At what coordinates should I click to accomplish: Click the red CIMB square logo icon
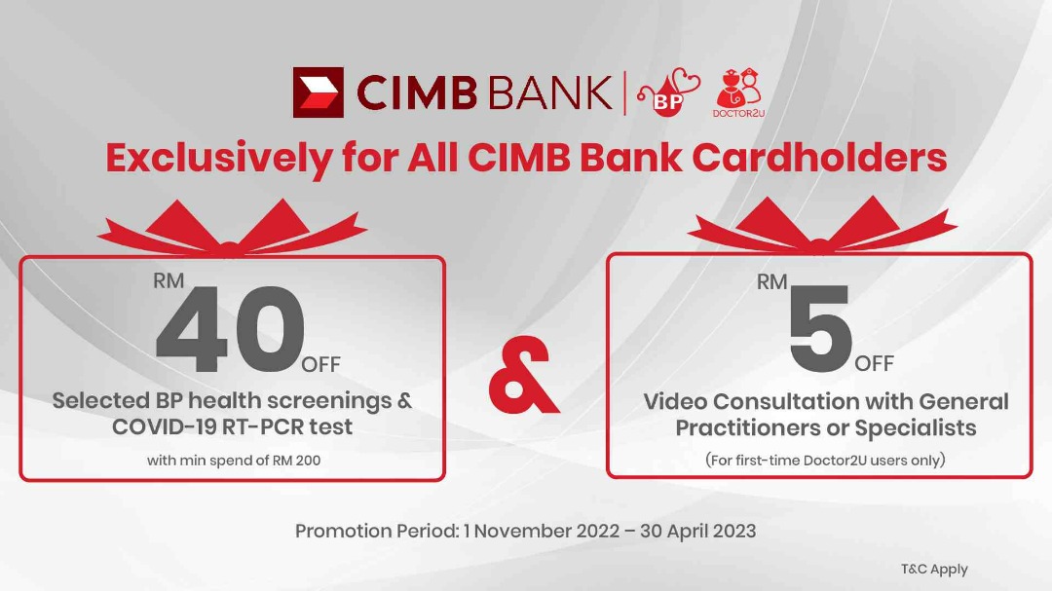(319, 92)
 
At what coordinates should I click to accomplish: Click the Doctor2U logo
(737, 93)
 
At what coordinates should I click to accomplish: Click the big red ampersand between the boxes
(523, 379)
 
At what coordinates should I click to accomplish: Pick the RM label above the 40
(169, 282)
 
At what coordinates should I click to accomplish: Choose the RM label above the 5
(772, 282)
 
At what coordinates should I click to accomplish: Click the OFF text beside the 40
(320, 365)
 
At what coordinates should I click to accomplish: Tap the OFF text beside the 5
(874, 364)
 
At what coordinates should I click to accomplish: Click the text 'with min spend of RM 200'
(234, 460)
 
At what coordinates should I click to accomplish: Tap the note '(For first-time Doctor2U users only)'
(825, 460)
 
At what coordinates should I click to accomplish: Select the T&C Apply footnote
(934, 570)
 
